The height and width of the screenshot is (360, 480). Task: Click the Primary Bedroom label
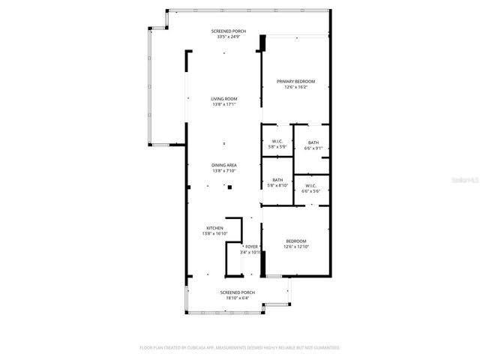(x=295, y=81)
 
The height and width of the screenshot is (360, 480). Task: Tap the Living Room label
(x=223, y=98)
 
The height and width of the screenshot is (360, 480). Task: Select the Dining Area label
(x=223, y=165)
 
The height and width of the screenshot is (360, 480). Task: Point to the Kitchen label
(x=214, y=228)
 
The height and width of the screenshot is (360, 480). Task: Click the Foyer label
(x=251, y=246)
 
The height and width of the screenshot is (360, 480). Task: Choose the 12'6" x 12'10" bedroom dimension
(x=295, y=247)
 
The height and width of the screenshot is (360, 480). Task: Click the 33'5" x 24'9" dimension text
(x=231, y=37)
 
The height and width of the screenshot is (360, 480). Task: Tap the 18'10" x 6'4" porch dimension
(x=237, y=298)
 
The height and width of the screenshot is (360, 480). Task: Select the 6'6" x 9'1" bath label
(x=313, y=148)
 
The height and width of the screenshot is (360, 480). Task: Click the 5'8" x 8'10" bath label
(x=277, y=186)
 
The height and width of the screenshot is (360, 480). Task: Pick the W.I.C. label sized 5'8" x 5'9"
(x=277, y=148)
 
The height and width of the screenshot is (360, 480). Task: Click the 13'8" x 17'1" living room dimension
(x=223, y=104)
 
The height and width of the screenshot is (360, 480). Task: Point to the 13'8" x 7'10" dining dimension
(x=223, y=171)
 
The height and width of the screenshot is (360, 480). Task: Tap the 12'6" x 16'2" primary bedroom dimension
(x=295, y=87)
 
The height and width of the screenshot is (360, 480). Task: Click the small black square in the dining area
(x=230, y=186)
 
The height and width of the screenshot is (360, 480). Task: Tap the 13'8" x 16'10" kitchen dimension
(x=214, y=234)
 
